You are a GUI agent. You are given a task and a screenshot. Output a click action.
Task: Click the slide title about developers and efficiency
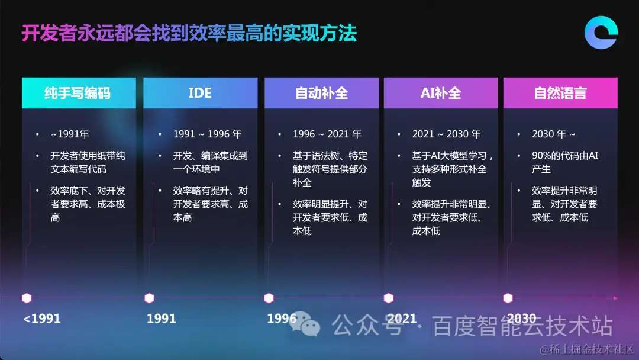pos(189,34)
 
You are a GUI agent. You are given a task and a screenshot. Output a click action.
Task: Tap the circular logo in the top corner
pos(601,32)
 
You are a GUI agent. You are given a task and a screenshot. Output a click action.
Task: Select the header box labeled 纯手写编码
pos(79,93)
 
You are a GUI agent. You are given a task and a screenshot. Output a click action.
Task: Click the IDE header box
pos(200,93)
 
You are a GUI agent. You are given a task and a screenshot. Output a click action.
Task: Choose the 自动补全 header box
pos(321,93)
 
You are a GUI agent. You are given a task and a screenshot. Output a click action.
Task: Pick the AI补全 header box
pos(441,93)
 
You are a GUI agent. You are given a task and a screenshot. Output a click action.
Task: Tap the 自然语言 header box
pos(560,93)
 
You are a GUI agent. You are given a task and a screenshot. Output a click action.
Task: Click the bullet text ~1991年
pos(70,134)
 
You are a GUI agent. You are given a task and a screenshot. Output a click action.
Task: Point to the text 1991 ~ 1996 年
pos(207,134)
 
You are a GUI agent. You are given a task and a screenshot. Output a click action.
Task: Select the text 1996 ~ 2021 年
pos(327,134)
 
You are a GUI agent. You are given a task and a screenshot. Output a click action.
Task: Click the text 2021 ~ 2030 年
pos(446,134)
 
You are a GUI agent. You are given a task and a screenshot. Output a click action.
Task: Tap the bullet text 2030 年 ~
pos(554,134)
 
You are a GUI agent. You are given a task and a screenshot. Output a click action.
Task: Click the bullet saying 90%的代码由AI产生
pos(565,162)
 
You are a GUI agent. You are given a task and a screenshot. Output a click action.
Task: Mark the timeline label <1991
pos(42,319)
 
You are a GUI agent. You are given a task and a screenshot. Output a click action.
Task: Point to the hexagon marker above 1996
pos(269,298)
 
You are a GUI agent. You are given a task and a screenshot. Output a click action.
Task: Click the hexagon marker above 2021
pos(389,298)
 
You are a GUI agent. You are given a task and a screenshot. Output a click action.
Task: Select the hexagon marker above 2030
pos(508,298)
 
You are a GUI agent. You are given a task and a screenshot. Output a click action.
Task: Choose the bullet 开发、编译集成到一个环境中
pos(210,163)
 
